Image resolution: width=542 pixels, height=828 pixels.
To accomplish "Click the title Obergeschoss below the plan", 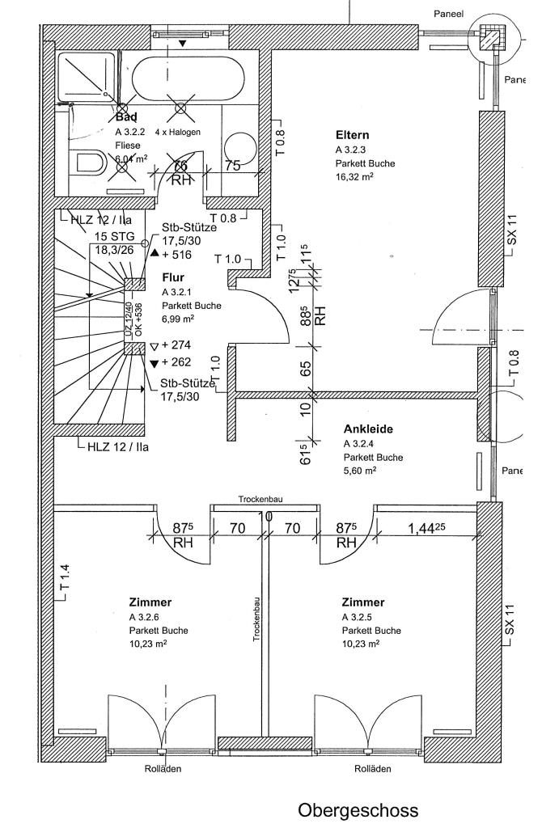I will (358, 809).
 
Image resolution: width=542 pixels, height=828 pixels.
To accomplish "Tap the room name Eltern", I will (353, 135).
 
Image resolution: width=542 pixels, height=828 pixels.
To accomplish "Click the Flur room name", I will (173, 277).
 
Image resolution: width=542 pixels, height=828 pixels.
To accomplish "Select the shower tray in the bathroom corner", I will (87, 76).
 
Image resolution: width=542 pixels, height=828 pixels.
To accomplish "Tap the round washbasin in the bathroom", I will (241, 148).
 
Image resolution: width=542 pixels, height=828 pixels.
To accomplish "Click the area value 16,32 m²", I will (354, 176).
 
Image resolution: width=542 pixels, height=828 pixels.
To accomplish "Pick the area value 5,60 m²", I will (360, 471).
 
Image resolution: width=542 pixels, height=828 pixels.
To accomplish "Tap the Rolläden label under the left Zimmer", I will (163, 768).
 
